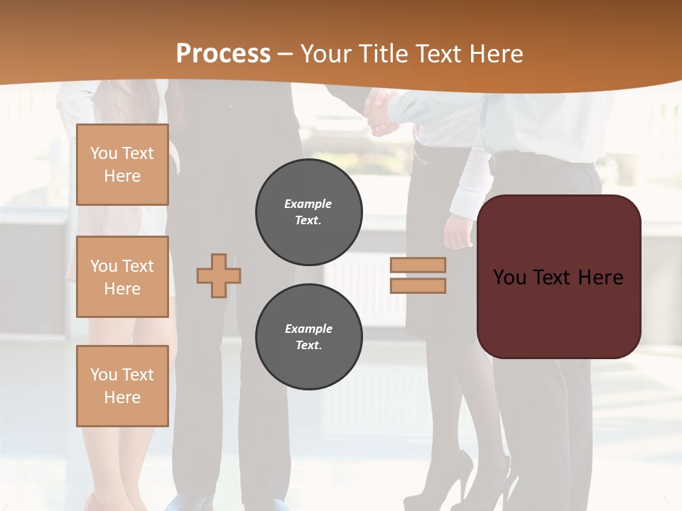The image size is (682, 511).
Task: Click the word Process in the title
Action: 223,54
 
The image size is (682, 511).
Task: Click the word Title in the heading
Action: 381,54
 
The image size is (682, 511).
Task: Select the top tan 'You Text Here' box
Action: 122,165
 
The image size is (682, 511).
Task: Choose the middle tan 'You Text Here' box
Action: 122,277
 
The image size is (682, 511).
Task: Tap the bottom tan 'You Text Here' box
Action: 122,385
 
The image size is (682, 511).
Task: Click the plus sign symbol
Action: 219,275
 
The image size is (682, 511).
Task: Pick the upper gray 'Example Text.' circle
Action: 308,211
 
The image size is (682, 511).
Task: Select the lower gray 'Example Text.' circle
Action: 308,336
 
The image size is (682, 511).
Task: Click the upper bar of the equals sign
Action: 418,265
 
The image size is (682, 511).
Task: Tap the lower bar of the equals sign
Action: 418,285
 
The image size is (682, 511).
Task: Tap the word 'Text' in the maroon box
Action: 553,277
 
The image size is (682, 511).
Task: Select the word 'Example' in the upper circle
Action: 308,204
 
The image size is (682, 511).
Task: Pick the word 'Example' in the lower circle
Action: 308,329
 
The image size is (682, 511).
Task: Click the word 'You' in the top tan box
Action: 103,153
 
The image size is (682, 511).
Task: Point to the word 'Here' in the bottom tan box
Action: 122,397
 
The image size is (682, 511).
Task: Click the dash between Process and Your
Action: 286,55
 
